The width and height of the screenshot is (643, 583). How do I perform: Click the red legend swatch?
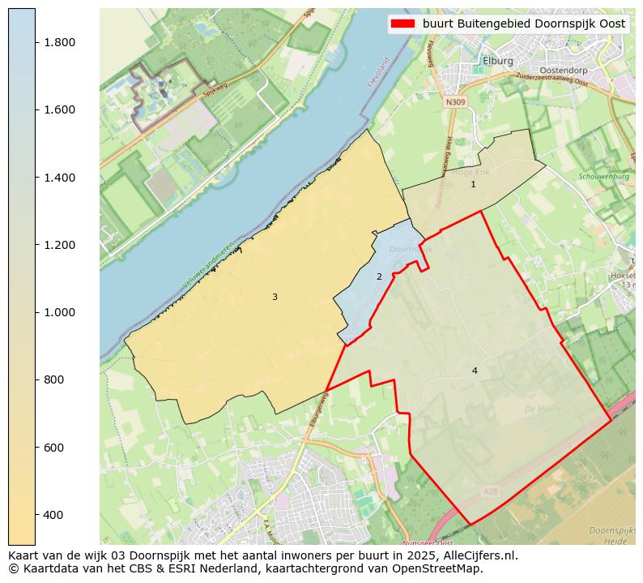tap(401, 24)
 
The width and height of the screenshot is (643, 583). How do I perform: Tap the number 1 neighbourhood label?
tap(474, 185)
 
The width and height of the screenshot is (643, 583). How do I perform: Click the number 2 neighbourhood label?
tap(379, 277)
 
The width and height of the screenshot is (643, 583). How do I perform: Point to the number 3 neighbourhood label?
tap(275, 298)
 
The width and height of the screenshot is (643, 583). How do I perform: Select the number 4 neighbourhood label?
tap(475, 371)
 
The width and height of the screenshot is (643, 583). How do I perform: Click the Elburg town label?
tap(497, 61)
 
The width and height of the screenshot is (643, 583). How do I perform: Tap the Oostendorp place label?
tap(563, 71)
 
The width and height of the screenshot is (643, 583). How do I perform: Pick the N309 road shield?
tap(455, 101)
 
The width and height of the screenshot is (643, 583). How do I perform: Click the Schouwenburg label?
tap(604, 176)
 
